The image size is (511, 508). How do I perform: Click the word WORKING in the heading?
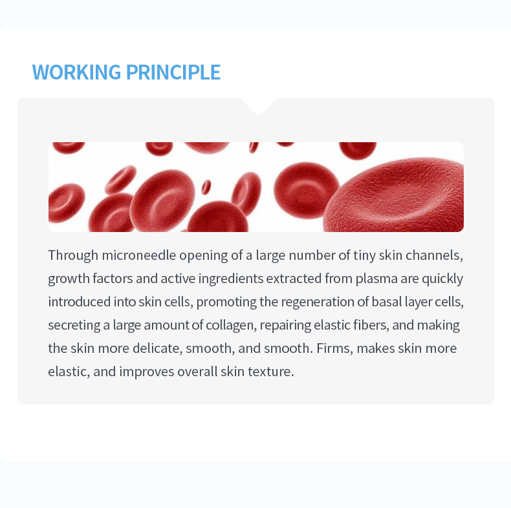point(76,72)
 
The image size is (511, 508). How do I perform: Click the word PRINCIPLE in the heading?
point(173,72)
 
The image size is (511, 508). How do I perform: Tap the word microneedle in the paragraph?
point(139,255)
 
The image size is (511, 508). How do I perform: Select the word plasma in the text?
point(376,279)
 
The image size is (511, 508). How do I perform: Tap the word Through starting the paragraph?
point(73,255)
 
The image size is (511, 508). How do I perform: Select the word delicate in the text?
point(157,348)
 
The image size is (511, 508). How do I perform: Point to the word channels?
point(435,255)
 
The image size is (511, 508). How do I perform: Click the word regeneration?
point(318,302)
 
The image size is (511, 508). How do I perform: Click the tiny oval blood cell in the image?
point(206,187)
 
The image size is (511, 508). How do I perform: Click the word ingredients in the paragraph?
point(231,279)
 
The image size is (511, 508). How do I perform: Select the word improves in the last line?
point(147,372)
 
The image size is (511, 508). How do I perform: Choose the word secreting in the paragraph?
point(74,325)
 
